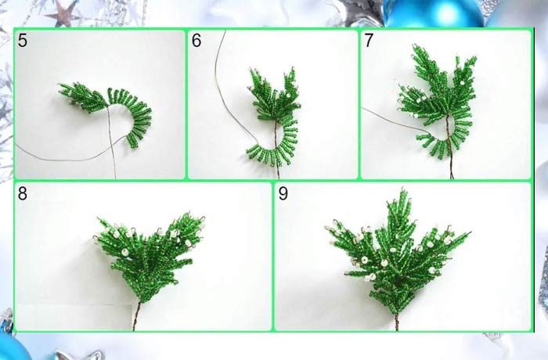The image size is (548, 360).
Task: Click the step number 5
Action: [23, 40]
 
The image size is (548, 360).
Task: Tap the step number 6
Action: [196, 40]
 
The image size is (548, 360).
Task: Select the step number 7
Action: [369, 40]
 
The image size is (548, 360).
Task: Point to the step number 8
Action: [23, 193]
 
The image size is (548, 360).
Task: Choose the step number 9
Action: [283, 193]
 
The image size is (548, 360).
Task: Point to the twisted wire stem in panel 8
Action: [136, 315]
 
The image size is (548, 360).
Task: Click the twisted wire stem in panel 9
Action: [397, 322]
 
